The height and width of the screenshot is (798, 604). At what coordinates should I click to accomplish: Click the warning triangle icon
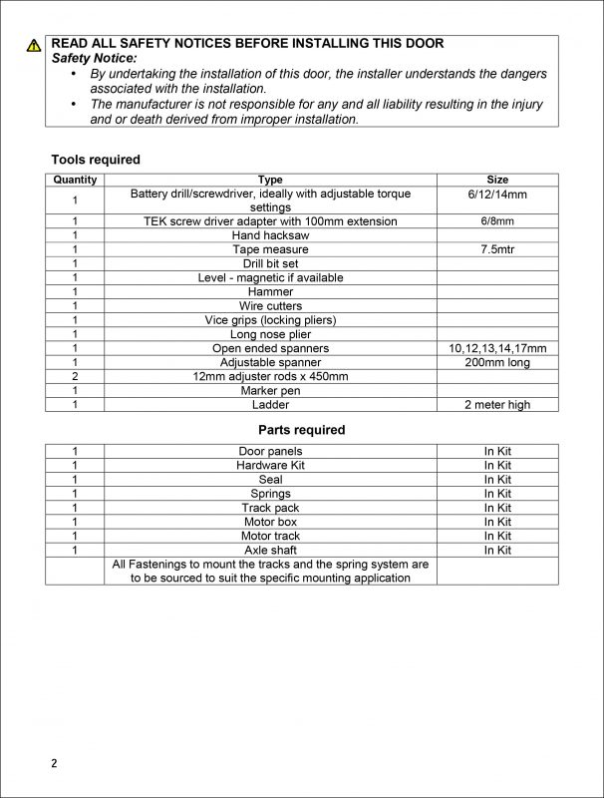[35, 45]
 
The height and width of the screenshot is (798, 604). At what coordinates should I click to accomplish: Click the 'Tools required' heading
[96, 160]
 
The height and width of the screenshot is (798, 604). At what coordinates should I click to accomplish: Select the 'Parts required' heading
[302, 430]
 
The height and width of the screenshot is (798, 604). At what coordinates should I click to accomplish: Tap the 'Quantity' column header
[75, 180]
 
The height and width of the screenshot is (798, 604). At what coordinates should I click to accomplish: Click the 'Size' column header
[496, 180]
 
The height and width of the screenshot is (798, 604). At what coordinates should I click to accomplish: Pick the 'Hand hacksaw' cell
[270, 235]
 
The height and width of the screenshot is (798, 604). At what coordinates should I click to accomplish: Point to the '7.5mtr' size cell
[496, 249]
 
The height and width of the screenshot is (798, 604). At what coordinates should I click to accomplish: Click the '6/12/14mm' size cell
[496, 194]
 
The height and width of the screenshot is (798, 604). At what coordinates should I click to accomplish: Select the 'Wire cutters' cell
[270, 305]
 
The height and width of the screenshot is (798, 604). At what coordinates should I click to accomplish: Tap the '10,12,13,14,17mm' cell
[496, 348]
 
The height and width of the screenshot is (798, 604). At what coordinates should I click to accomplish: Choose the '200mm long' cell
[496, 362]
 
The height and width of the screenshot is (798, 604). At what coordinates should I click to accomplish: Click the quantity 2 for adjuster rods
[75, 376]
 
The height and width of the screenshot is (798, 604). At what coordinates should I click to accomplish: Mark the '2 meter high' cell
[496, 405]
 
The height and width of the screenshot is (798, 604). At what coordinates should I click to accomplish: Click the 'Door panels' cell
[270, 451]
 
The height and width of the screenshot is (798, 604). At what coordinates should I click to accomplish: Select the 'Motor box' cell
[270, 522]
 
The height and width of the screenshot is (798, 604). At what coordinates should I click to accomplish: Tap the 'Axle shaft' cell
[270, 550]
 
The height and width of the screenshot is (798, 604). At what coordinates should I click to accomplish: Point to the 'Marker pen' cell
[270, 390]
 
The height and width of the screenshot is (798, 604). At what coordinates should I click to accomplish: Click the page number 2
[55, 764]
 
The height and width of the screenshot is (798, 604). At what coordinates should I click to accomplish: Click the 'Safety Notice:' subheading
[97, 60]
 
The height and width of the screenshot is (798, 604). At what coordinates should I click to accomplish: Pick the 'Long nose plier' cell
[270, 334]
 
